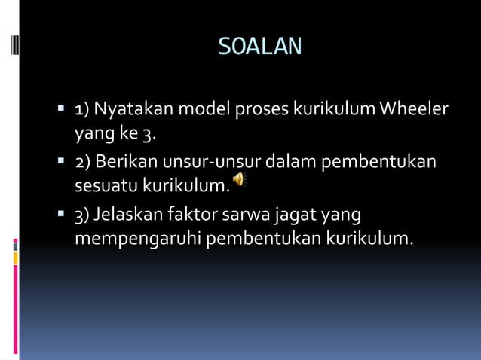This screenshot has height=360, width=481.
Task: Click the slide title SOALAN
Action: coord(259,47)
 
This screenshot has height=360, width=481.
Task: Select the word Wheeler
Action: coord(414,110)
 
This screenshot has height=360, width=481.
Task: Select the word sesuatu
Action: coord(106,185)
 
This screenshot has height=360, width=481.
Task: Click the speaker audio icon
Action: coord(239,179)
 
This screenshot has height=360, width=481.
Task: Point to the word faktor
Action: coord(195,215)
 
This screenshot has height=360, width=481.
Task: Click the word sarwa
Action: coord(247,215)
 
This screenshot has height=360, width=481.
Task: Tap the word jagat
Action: coord(296,215)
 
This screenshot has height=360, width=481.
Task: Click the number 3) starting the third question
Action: coord(81,215)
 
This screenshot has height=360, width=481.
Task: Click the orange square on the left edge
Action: coord(15,258)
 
